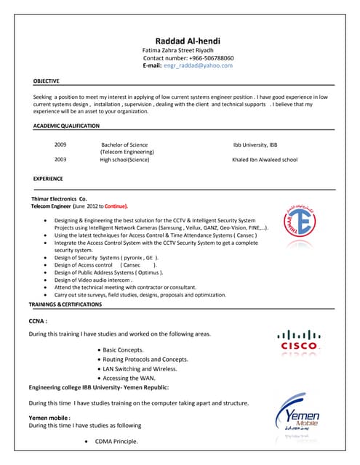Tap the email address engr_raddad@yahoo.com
(198, 65)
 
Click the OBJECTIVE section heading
(47, 81)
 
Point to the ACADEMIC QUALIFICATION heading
(66, 126)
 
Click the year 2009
(60, 145)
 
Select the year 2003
(60, 160)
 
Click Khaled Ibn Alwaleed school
(265, 160)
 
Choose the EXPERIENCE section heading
(48, 179)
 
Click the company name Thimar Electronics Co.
(59, 198)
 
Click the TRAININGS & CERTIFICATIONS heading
(66, 304)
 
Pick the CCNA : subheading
(38, 320)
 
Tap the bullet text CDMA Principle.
(116, 442)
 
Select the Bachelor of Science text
(124, 145)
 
